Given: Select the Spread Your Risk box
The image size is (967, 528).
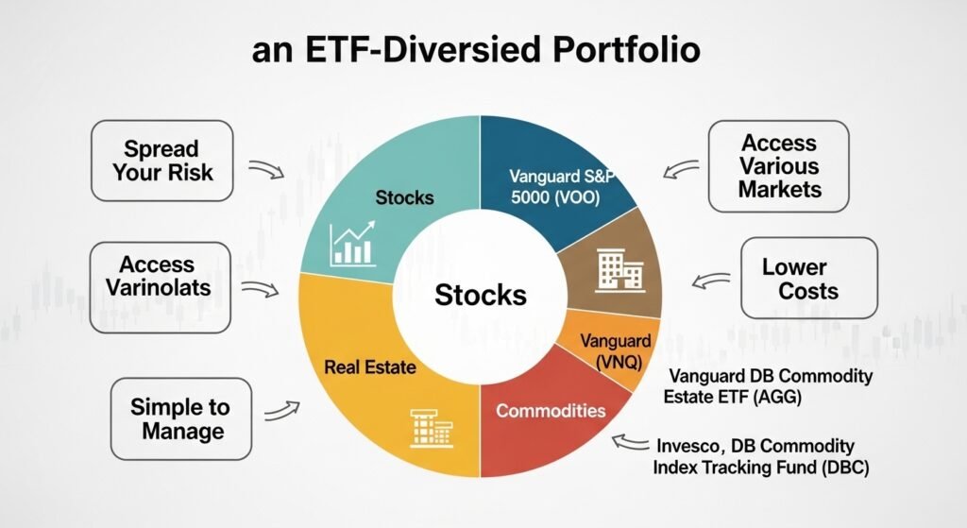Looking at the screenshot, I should coord(161,162).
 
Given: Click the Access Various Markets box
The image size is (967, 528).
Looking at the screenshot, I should coord(778,166).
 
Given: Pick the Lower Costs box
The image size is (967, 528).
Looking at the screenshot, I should coord(808,278).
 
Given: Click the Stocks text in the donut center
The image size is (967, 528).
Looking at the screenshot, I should coord(480,295).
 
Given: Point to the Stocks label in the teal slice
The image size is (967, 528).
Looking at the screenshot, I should coord(404,197).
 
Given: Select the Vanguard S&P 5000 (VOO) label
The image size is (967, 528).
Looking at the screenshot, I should coord(560,187).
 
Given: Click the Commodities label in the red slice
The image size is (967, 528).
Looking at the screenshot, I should coord(551,411).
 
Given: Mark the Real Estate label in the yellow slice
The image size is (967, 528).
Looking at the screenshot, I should coord(370,366).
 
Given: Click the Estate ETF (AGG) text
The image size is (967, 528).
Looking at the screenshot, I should coord(732,398).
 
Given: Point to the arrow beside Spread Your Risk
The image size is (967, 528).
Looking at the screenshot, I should coord(268,171).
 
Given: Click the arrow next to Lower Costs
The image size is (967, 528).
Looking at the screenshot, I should coord(710,280).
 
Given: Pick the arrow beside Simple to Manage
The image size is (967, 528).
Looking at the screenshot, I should coord(281,411).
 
